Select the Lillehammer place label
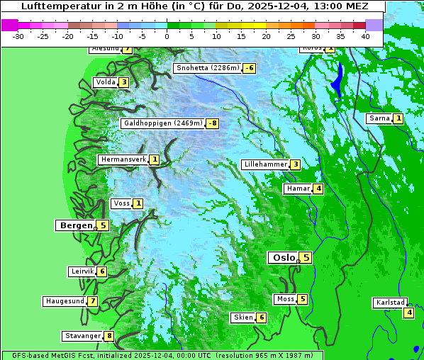(x=265, y=164)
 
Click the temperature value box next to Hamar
(x=318, y=189)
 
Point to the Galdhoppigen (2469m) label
(x=163, y=123)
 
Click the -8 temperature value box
(x=212, y=123)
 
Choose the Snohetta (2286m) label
(x=207, y=68)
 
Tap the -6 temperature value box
(x=249, y=68)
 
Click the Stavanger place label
(x=82, y=336)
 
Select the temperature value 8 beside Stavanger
(x=109, y=336)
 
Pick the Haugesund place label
(x=65, y=301)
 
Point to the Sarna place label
(x=379, y=118)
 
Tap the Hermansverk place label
(x=123, y=159)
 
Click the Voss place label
(x=121, y=203)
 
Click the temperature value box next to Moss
(x=303, y=299)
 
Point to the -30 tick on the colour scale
(x=18, y=35)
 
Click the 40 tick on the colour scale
(x=365, y=35)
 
